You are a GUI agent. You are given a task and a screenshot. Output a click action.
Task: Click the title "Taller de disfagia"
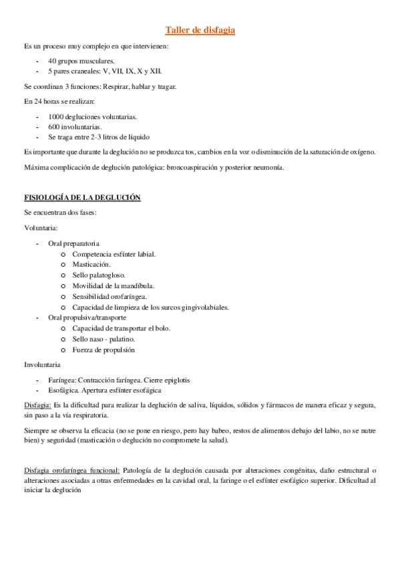pyautogui.click(x=200, y=30)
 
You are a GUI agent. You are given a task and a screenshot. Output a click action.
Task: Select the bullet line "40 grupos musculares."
pyautogui.click(x=76, y=60)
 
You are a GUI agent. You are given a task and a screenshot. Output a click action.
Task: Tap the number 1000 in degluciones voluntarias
pyautogui.click(x=56, y=117)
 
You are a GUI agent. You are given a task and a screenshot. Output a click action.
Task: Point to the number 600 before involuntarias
pyautogui.click(x=54, y=126)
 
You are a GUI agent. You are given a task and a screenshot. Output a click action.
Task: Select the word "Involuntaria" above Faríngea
pyautogui.click(x=42, y=365)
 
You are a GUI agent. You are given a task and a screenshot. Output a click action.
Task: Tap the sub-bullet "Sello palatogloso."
pyautogui.click(x=99, y=274)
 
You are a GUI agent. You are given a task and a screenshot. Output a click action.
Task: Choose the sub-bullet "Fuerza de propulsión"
pyautogui.click(x=104, y=350)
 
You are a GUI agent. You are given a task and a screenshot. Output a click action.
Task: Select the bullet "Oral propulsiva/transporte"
pyautogui.click(x=87, y=318)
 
